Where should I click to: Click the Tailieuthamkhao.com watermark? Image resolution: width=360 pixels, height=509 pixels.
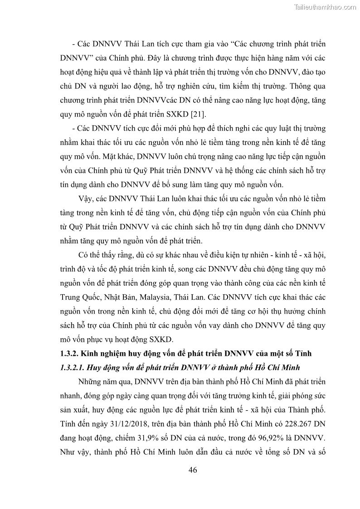[326, 7]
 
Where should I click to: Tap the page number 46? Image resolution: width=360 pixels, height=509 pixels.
[193, 470]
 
